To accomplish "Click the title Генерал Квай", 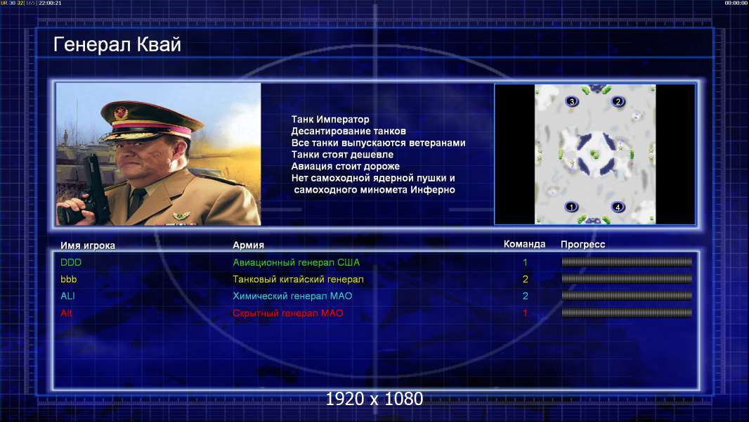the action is [x=117, y=44].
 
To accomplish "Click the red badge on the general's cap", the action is [x=121, y=113].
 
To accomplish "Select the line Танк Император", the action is [x=330, y=120].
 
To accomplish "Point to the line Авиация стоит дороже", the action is [x=346, y=166].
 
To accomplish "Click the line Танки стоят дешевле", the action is [x=342, y=154].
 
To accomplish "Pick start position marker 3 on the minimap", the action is [x=572, y=101].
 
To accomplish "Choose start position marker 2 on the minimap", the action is [x=618, y=101].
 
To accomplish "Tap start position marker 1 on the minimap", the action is [x=571, y=207].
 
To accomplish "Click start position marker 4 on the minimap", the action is [x=618, y=207].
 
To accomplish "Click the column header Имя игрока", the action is [x=87, y=245].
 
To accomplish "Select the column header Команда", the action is [x=524, y=244].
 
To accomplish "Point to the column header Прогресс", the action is [x=582, y=244].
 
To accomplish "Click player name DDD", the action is [x=71, y=262].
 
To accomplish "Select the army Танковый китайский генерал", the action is [x=298, y=279].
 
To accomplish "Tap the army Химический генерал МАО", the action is [x=292, y=296].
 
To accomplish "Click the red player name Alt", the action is [x=66, y=313].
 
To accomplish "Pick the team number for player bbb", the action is [x=525, y=279].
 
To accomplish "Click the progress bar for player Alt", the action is [x=627, y=313].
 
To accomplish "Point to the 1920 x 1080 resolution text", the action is [x=374, y=399].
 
